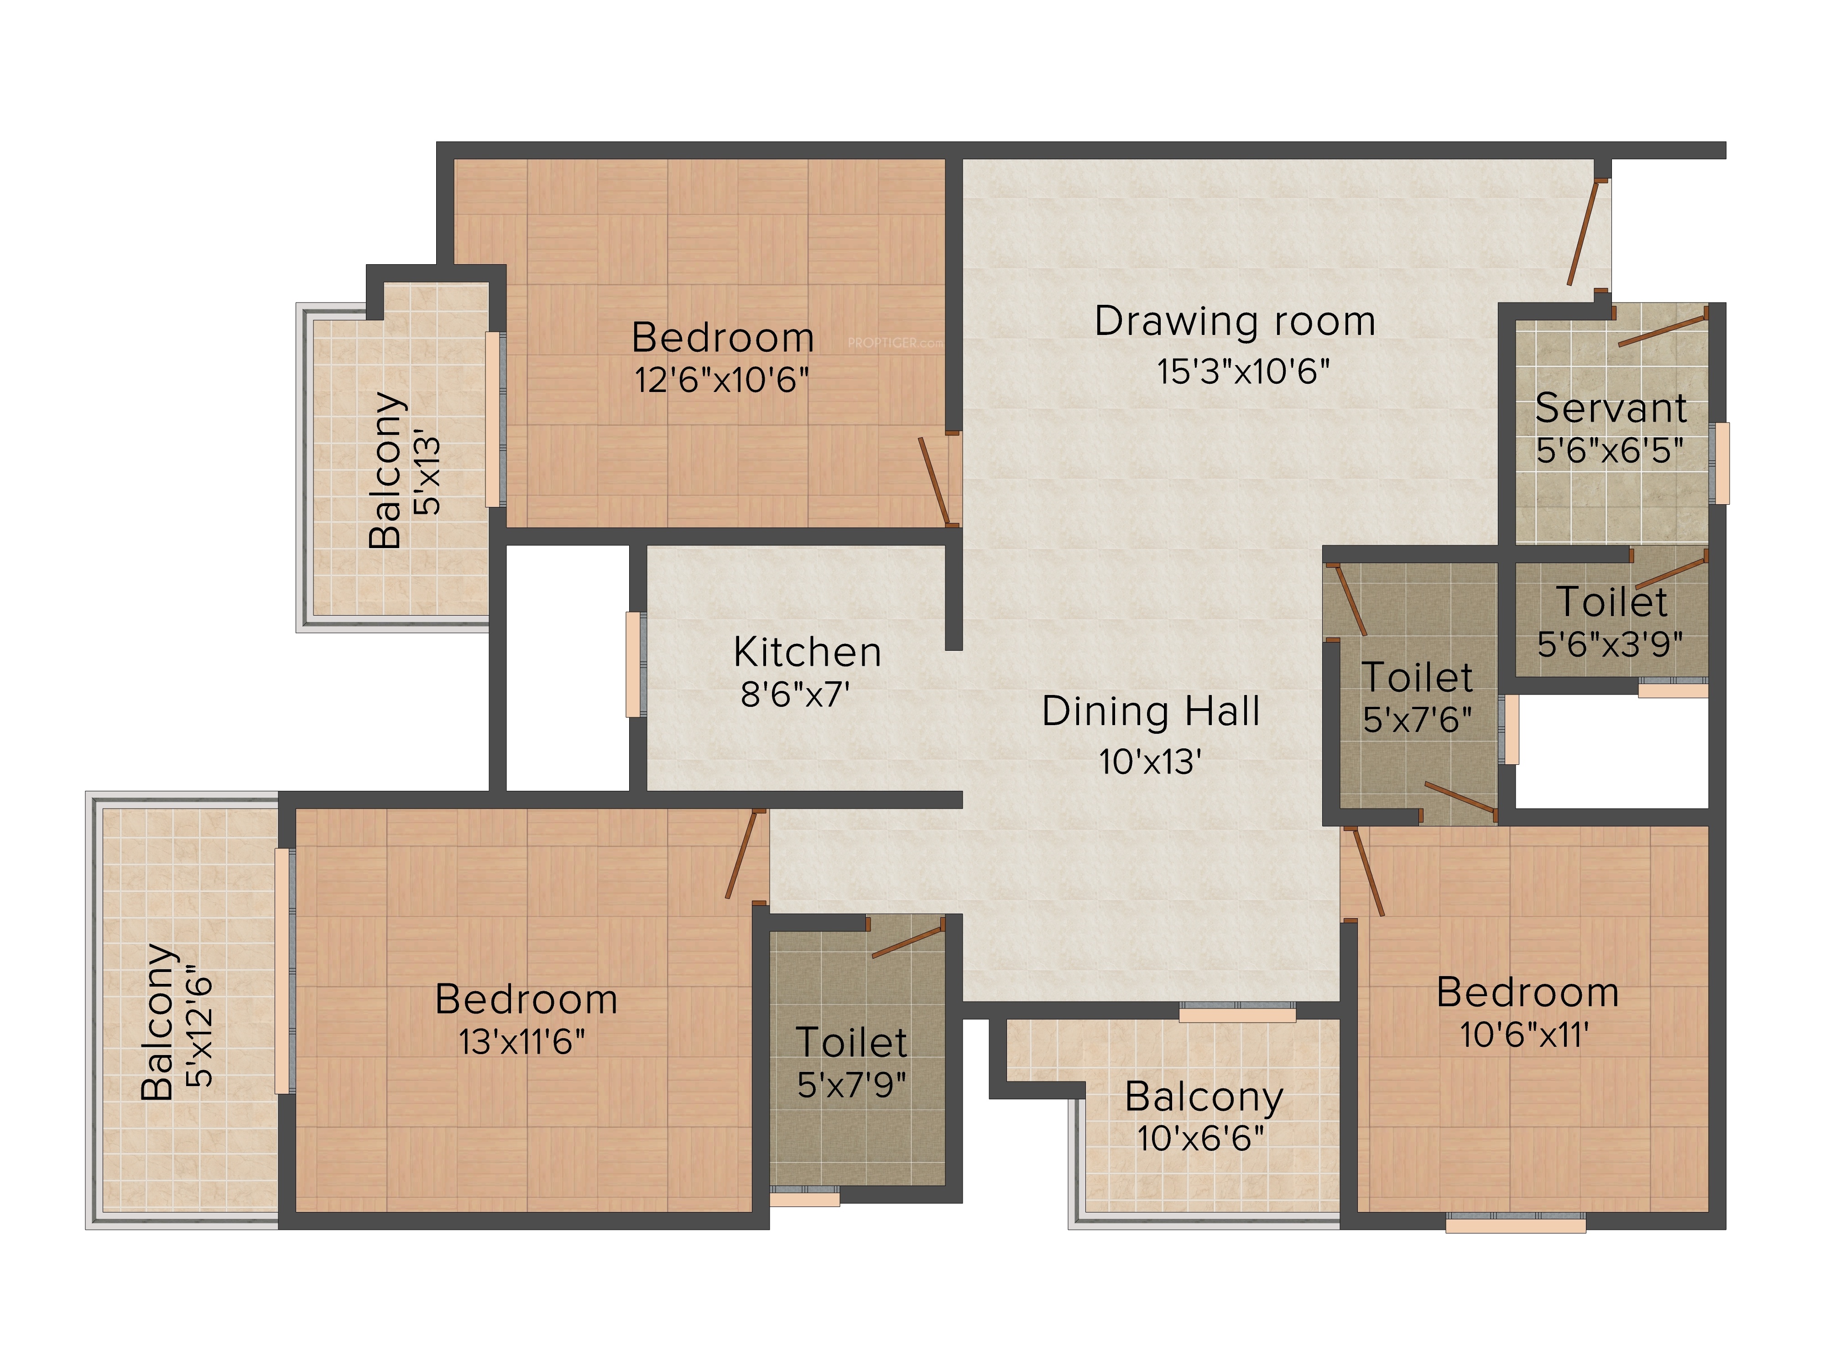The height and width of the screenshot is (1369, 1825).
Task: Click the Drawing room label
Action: click(x=1235, y=322)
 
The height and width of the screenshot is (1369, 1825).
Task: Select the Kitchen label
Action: click(x=808, y=652)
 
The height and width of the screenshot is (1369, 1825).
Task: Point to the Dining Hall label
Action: click(x=1151, y=711)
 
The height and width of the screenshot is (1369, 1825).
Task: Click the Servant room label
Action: click(x=1611, y=408)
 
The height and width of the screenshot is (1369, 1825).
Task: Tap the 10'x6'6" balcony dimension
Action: click(x=1200, y=1139)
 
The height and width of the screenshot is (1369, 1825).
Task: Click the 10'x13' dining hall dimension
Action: click(x=1150, y=762)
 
